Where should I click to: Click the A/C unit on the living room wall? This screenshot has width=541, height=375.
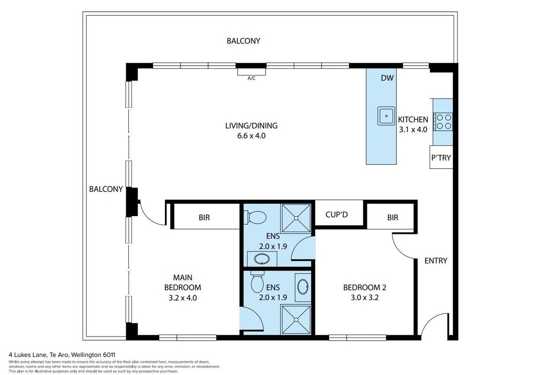point(251,72)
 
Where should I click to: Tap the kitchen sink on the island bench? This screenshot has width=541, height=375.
point(386,116)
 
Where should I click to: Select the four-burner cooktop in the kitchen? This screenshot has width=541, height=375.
point(444,122)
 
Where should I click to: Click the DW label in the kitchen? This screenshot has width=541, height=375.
point(387,78)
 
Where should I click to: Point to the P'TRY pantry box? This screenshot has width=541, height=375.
point(441,157)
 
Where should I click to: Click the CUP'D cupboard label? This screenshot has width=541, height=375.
point(336,214)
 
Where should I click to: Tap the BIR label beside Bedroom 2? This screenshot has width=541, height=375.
point(393,217)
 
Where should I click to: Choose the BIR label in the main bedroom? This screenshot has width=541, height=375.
point(204,217)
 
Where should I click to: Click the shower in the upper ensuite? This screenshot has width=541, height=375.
point(296,218)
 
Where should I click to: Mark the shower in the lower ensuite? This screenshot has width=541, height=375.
point(296,320)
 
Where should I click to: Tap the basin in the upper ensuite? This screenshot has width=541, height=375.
point(262,259)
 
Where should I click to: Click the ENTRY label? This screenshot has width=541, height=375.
point(436,261)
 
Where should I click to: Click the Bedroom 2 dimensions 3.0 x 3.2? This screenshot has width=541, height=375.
point(365,297)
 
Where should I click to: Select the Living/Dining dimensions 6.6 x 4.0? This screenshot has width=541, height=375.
point(251,136)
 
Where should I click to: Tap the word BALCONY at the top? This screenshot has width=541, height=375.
point(243,41)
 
